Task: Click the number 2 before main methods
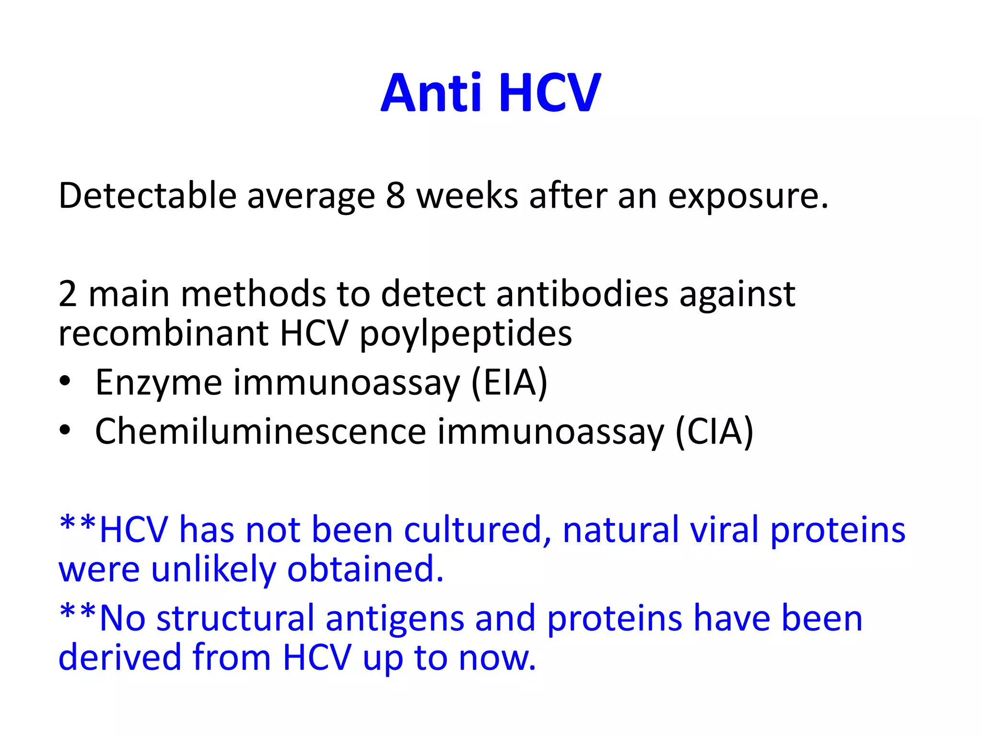pos(68,294)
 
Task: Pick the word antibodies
pos(582,294)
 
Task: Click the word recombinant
pos(163,333)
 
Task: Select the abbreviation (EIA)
pos(509,382)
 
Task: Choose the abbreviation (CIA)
pos(714,431)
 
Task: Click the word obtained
pos(365,569)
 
